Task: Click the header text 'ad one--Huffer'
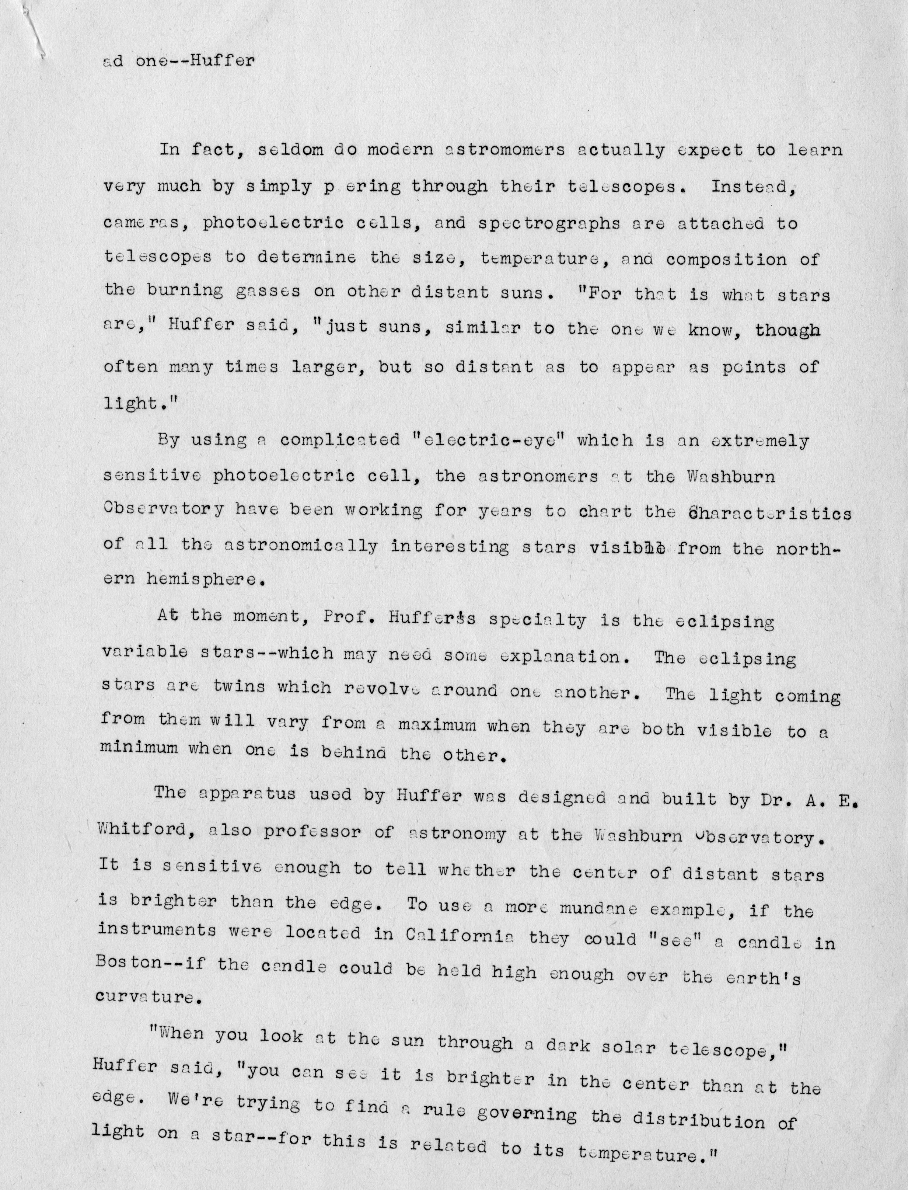[178, 60]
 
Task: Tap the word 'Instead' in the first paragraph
[752, 187]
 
